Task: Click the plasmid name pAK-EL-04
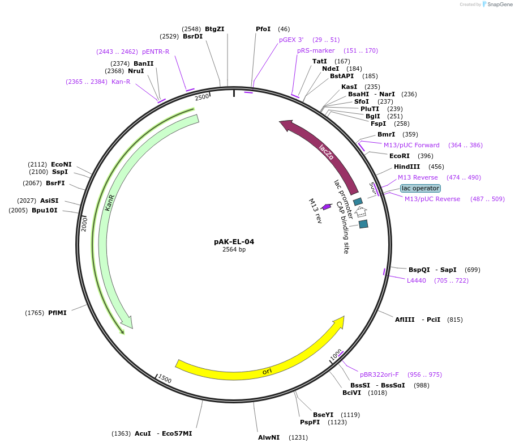click(x=234, y=241)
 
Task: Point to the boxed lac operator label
click(x=420, y=188)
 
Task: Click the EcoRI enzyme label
click(x=399, y=156)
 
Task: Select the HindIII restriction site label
click(x=407, y=167)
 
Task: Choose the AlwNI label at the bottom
click(x=269, y=437)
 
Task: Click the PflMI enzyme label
click(x=57, y=313)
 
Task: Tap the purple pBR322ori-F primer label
click(x=379, y=374)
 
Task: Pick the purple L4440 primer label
click(x=416, y=280)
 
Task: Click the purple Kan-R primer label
click(x=121, y=82)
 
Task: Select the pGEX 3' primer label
click(x=291, y=40)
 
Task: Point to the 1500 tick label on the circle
click(x=165, y=378)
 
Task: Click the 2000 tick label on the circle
click(x=84, y=224)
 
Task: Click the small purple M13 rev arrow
click(x=327, y=207)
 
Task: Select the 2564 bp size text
click(x=234, y=249)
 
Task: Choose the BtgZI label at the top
click(x=214, y=29)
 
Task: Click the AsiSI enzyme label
click(x=49, y=201)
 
